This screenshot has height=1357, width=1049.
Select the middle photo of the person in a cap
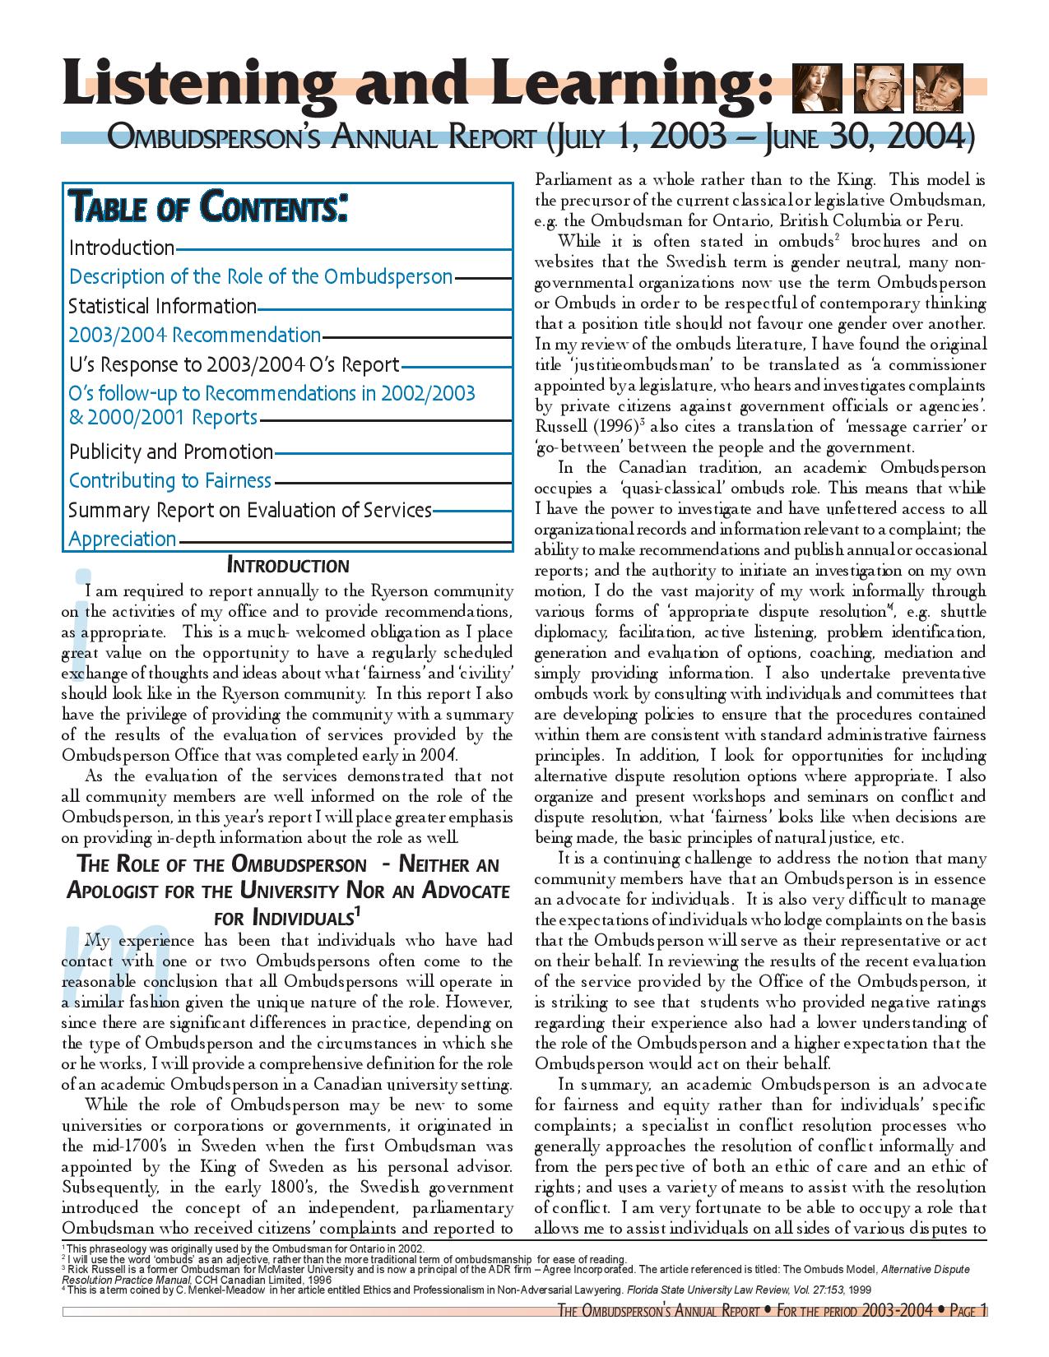click(x=879, y=87)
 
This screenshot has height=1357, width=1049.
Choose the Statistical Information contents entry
click(x=163, y=306)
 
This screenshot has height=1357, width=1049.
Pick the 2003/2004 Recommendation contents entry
click(x=194, y=335)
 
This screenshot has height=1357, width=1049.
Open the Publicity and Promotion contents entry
click(x=171, y=452)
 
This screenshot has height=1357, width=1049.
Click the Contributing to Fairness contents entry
click(x=170, y=480)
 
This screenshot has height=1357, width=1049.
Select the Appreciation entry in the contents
click(x=123, y=539)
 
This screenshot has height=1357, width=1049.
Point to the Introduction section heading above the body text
click(x=287, y=566)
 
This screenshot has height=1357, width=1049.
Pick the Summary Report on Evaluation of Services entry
click(x=250, y=510)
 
